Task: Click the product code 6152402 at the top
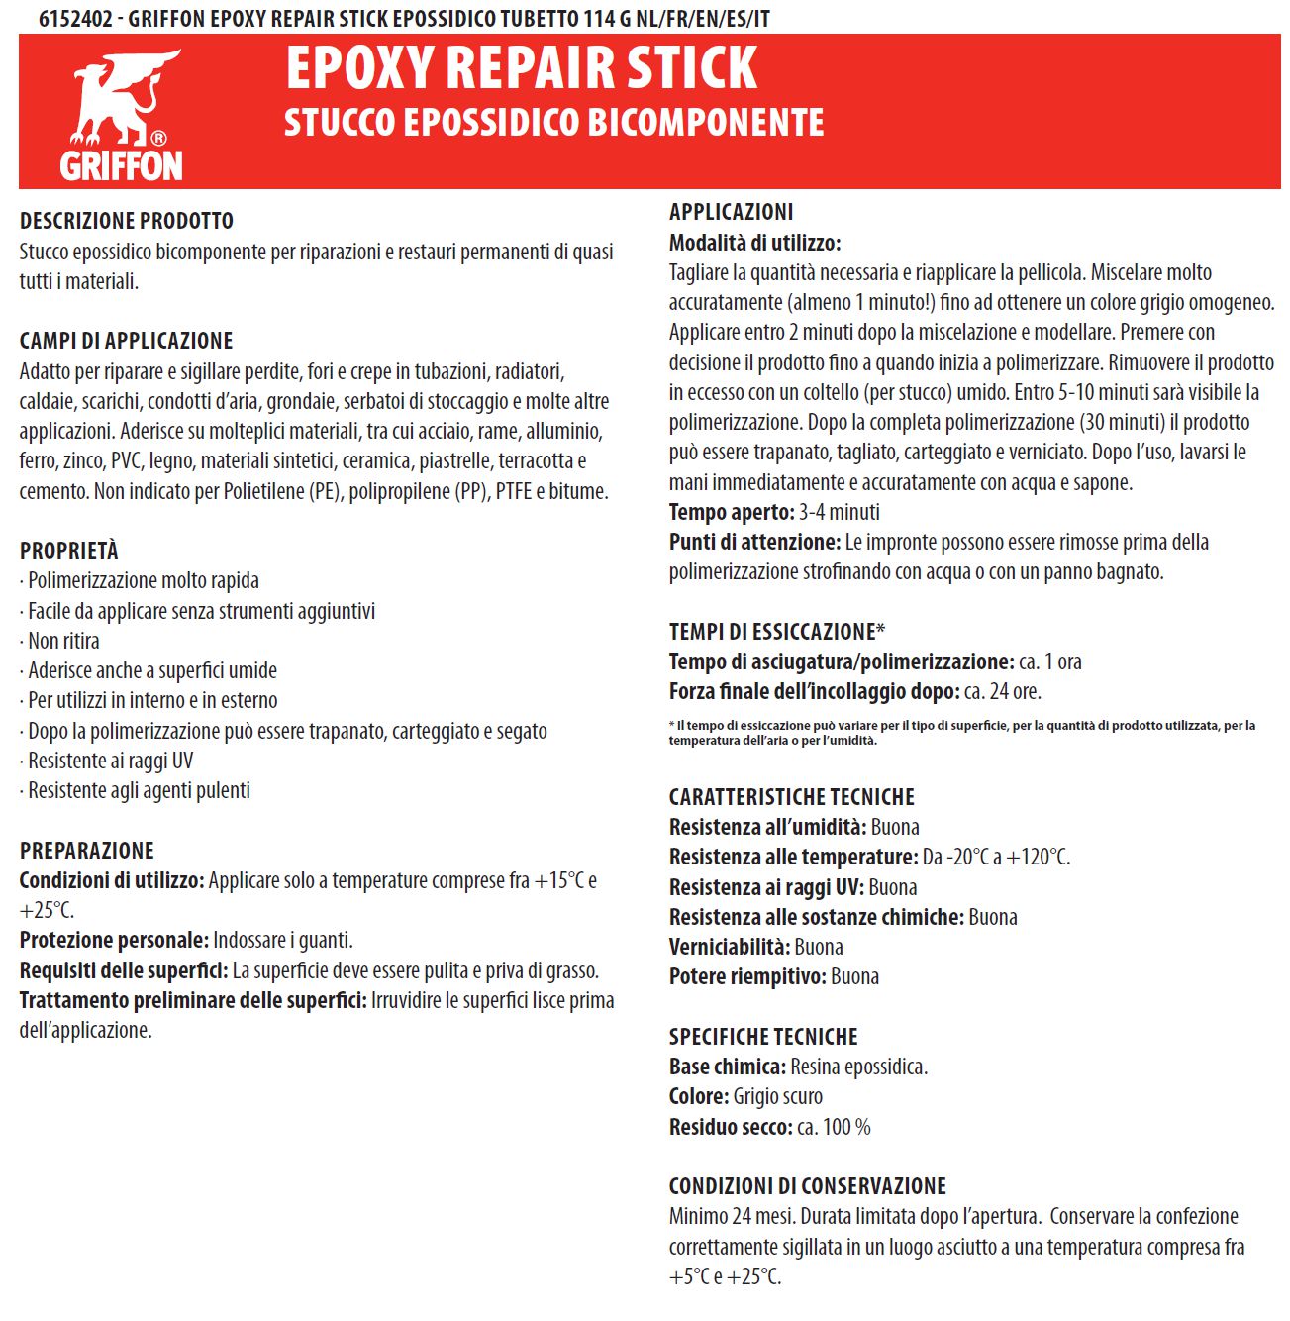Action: (x=75, y=17)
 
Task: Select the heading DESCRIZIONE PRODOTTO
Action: (x=127, y=221)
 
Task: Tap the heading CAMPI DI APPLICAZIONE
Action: (x=126, y=341)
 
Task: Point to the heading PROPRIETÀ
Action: (x=69, y=551)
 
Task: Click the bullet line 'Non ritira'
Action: (x=63, y=641)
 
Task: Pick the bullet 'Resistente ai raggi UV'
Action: (x=110, y=761)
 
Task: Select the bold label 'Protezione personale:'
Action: (x=114, y=940)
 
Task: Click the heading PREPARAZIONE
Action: (x=87, y=851)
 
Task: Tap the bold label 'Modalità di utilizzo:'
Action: (x=754, y=243)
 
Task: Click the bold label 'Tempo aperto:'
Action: (x=732, y=512)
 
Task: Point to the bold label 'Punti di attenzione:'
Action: (x=754, y=542)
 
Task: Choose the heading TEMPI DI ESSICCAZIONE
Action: (x=773, y=632)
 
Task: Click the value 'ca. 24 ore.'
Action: (x=1002, y=691)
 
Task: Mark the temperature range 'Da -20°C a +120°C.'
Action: (x=996, y=857)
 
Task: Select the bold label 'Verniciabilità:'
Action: (x=730, y=947)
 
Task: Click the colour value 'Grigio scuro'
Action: (x=777, y=1096)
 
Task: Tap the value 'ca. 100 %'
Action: (x=834, y=1127)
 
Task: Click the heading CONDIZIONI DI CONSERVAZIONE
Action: (x=808, y=1186)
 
